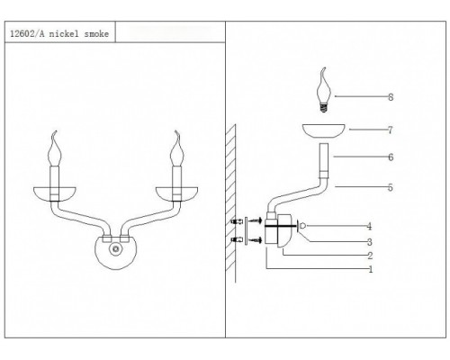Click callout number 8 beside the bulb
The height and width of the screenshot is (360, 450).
[391, 97]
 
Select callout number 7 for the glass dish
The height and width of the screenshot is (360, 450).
[391, 130]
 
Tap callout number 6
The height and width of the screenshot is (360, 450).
[391, 157]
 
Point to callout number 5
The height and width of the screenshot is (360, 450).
[391, 187]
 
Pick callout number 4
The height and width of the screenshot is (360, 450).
[370, 227]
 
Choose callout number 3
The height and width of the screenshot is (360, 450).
[370, 242]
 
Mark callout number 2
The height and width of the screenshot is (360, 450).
[370, 256]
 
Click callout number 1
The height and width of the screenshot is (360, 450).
[371, 269]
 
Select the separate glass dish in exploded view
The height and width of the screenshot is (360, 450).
[323, 131]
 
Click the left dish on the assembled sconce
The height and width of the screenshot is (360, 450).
[55, 193]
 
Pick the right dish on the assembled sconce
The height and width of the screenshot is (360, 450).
[176, 193]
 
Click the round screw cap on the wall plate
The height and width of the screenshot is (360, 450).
[115, 249]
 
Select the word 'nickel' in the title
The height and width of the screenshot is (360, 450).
[64, 34]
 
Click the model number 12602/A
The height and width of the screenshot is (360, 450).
[27, 34]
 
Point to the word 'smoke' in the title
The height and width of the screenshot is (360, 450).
[96, 34]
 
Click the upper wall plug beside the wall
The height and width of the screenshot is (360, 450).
[237, 221]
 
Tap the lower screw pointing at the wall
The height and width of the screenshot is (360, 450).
[256, 239]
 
